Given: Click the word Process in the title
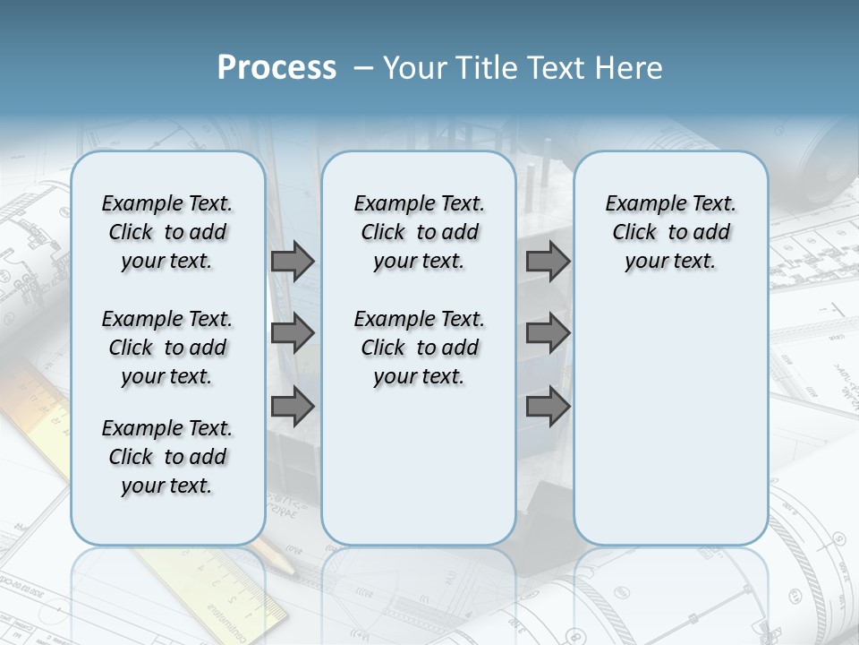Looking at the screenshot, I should pos(276,67).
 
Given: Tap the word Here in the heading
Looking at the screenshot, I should pos(630,68).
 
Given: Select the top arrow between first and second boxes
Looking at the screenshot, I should pos(293,261).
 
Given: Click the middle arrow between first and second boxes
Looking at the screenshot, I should pos(293,333).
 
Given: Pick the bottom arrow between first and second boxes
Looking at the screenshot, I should pos(293,406).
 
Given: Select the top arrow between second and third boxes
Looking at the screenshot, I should pos(548,261).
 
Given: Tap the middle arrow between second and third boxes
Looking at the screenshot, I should pos(548,333).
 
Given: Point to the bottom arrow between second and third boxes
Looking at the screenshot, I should pos(548,406).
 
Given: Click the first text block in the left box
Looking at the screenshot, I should pos(167,232).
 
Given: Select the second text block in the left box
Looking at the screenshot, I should pos(167,348).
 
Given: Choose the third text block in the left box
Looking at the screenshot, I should pos(167,457).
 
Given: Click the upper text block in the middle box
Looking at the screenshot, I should pos(420,232).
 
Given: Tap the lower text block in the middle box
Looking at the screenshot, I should pos(420,348).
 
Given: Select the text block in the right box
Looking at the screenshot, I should pos(671,232).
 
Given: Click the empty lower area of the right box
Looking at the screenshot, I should pos(671,412).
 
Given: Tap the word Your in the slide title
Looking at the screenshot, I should pos(416,68).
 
